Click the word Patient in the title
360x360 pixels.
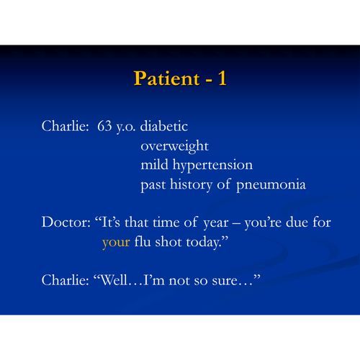pos(166,78)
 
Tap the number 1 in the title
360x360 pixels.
pos(222,78)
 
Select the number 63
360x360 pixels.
pos(104,126)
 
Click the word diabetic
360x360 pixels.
pos(164,126)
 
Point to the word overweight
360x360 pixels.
pos(174,146)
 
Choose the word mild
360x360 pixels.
pos(154,164)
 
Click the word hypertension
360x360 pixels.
pos(212,166)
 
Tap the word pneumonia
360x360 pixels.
pos(271,185)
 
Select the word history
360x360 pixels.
pos(191,185)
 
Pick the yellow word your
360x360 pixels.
pos(116,243)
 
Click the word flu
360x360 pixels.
pos(143,241)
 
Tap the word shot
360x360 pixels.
pos(168,241)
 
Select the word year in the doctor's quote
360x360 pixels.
pos(216,223)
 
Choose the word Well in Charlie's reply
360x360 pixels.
pos(114,280)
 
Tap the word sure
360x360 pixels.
pos(225,281)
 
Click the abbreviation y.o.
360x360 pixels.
pos(126,127)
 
